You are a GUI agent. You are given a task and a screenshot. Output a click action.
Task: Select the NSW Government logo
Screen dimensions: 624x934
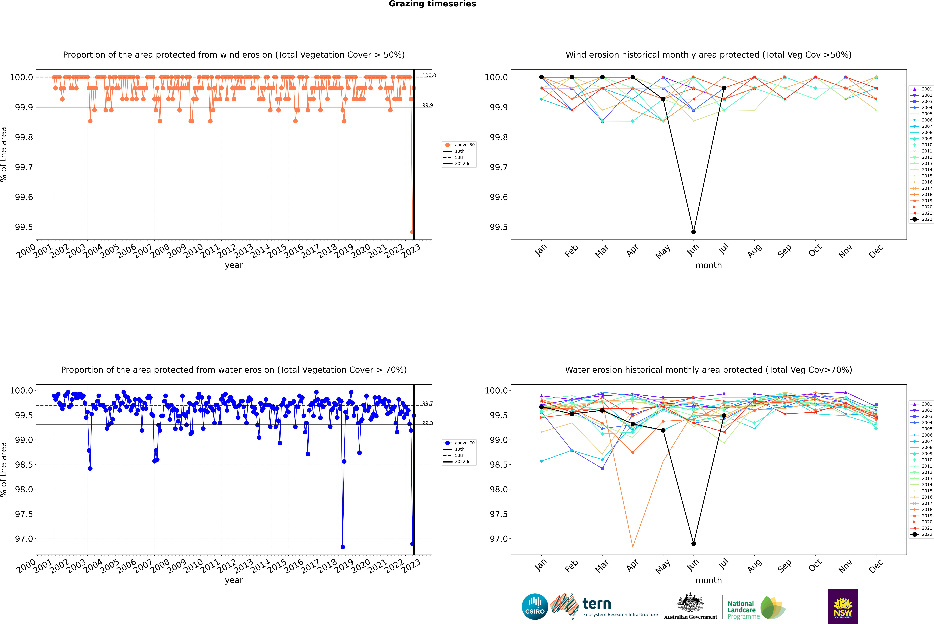coord(843,607)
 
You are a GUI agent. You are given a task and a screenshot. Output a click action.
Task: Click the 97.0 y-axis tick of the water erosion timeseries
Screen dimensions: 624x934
coord(24,539)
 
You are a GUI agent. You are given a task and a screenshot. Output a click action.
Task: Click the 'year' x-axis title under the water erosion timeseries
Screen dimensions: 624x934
coord(234,580)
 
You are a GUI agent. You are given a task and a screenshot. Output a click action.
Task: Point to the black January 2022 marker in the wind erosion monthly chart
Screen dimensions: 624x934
coord(541,77)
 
